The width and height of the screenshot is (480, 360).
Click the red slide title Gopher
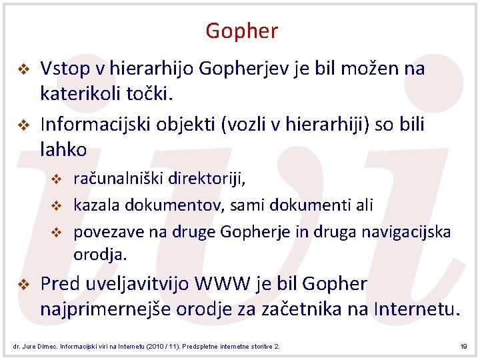pyautogui.click(x=241, y=31)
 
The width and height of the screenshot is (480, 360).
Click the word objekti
pyautogui.click(x=190, y=125)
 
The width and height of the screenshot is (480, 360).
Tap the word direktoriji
pyautogui.click(x=207, y=179)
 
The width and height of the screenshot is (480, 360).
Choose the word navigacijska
pyautogui.click(x=408, y=231)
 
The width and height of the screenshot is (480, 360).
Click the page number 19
pyautogui.click(x=463, y=347)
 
